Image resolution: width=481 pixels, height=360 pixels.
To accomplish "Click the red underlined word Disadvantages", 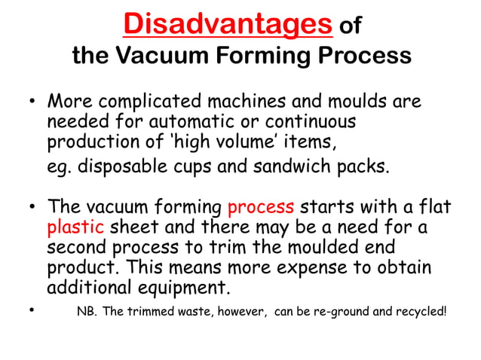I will [x=228, y=25].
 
